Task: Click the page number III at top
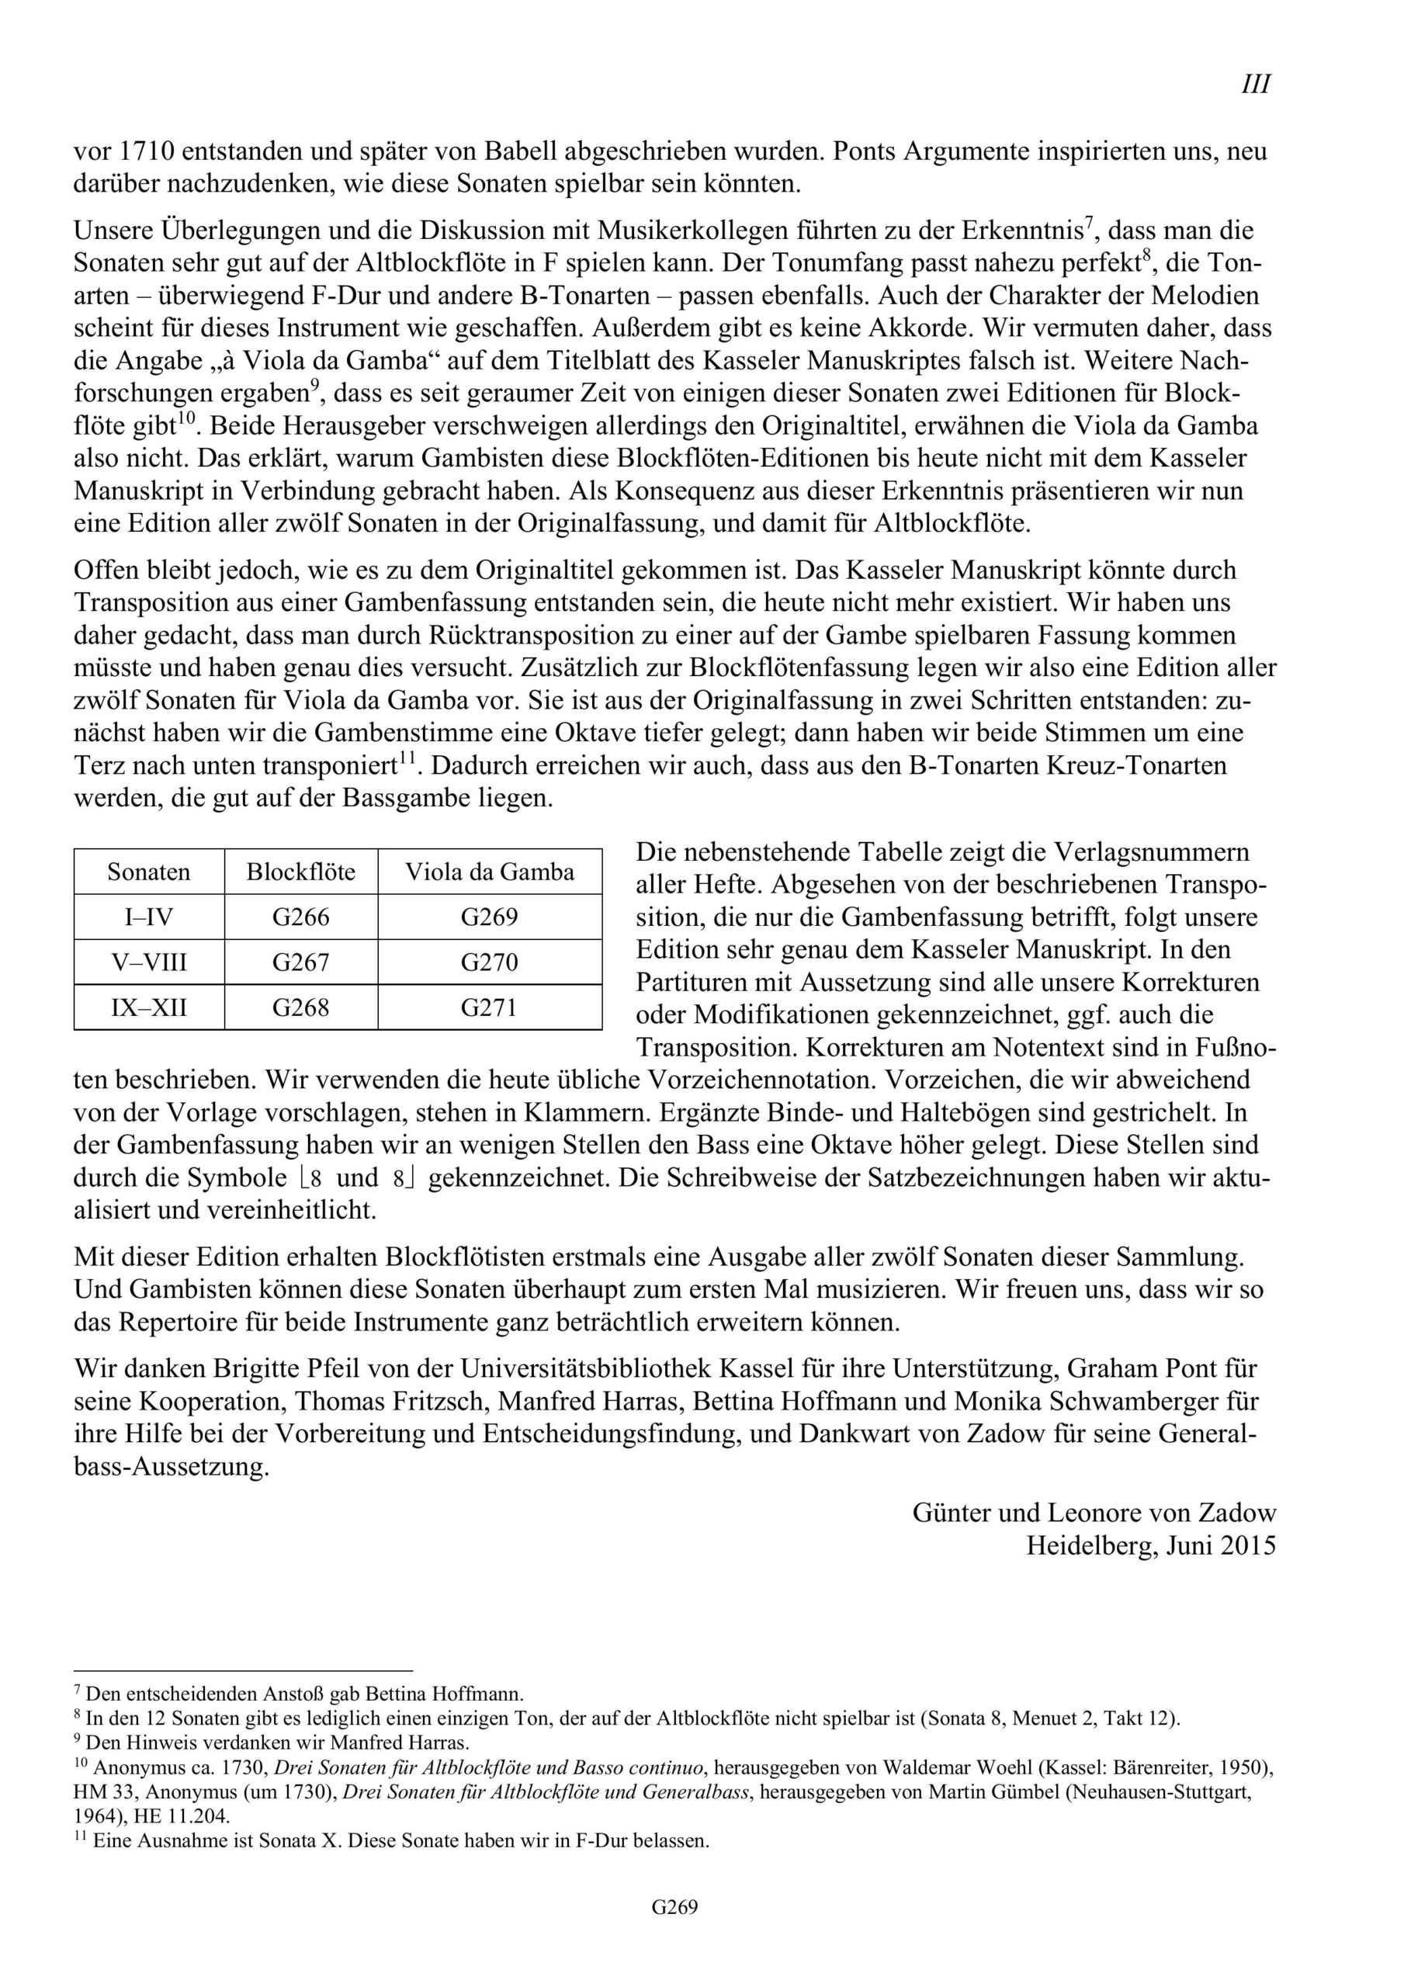(x=1256, y=85)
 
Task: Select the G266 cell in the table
(x=300, y=917)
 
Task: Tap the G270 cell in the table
(x=489, y=962)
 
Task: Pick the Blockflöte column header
(x=300, y=872)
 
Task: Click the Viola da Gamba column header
(x=489, y=872)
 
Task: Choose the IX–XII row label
(x=149, y=1007)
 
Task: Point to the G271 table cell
(x=489, y=1007)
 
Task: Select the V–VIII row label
(x=149, y=962)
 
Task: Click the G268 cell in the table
(x=300, y=1007)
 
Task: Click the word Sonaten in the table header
(x=149, y=872)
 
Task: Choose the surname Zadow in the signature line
(x=1237, y=1513)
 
